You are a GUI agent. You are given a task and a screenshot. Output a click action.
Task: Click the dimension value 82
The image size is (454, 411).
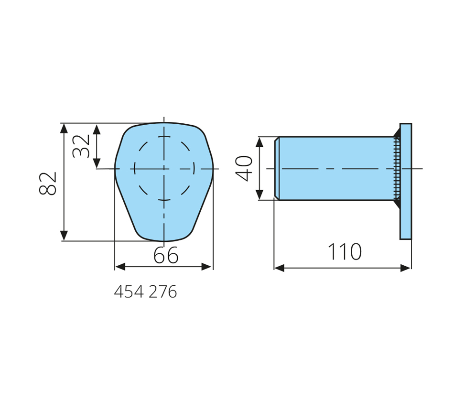pos(48,184)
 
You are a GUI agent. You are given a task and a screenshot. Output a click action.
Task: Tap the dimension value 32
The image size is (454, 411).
pos(81,146)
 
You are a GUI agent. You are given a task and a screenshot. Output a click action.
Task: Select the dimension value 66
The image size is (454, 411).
pos(166,256)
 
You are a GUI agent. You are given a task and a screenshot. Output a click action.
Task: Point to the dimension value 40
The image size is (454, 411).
pos(244,169)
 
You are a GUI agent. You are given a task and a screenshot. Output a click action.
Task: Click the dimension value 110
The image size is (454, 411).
pos(345,252)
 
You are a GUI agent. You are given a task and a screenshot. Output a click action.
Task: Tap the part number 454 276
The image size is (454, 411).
pos(145,292)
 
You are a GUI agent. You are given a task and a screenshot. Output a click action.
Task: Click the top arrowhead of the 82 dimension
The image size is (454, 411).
pos(64,128)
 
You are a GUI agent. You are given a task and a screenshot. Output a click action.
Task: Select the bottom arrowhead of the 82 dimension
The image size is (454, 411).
pos(64,236)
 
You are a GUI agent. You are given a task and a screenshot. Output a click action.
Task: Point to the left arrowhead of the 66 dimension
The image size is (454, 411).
pos(120,267)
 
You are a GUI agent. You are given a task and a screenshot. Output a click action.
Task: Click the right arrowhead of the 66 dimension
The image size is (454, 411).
pos(207,267)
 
